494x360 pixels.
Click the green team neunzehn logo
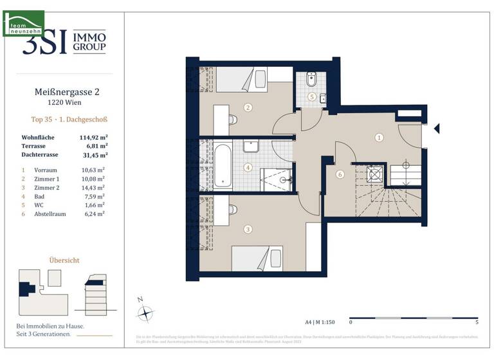[x=23, y=23]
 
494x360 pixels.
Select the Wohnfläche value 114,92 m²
[x=93, y=138]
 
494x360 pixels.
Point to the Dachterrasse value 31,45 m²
[x=93, y=154]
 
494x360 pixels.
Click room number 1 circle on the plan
[x=380, y=137]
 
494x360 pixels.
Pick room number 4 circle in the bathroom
[x=248, y=168]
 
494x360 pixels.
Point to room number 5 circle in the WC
[x=312, y=97]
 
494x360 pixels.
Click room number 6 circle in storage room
[x=340, y=174]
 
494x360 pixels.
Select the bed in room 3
[x=257, y=258]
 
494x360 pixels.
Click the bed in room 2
[x=241, y=79]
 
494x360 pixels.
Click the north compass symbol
[x=147, y=313]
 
